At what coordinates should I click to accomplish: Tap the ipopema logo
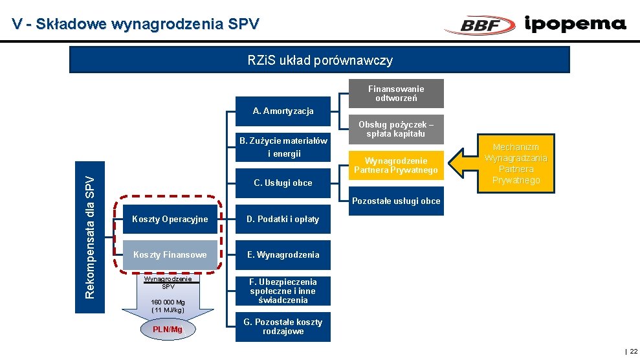(575, 24)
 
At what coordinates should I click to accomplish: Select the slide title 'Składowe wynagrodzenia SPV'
(135, 24)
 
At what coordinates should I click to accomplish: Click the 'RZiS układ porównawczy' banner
(320, 60)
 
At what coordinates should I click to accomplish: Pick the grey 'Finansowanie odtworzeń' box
(396, 93)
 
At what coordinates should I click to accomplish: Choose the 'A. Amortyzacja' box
(283, 111)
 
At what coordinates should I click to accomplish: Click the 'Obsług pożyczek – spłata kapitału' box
(396, 129)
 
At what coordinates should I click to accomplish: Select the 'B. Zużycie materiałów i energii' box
(283, 148)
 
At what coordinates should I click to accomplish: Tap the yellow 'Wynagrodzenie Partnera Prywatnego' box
(396, 166)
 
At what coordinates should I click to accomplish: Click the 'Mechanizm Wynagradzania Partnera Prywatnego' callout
(516, 163)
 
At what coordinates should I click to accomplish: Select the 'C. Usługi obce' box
(283, 183)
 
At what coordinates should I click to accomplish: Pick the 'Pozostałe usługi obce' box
(396, 201)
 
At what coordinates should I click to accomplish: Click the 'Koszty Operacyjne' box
(170, 219)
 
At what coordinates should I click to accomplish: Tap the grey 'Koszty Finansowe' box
(170, 254)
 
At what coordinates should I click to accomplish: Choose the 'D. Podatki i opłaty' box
(283, 219)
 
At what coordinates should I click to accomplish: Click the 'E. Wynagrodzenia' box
(283, 254)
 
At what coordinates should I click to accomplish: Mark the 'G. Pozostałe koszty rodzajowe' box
(283, 326)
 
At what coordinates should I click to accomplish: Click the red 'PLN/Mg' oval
(168, 330)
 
